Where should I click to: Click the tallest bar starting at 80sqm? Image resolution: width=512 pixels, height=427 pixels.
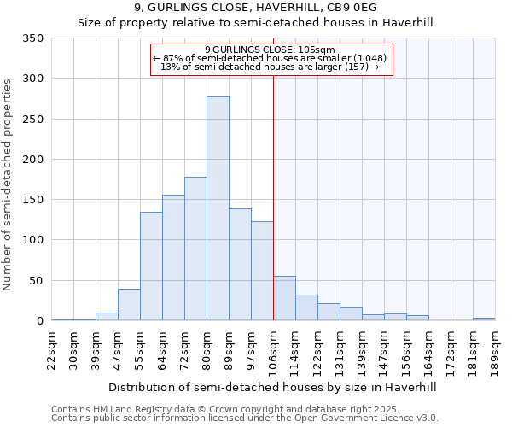tap(218, 208)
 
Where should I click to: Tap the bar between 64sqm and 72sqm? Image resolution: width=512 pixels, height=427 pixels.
tap(173, 258)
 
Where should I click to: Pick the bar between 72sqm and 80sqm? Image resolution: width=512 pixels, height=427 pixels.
tap(195, 249)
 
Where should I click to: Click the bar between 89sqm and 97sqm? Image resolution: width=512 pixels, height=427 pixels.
tap(240, 265)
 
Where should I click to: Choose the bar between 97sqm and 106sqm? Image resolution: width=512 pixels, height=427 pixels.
tap(262, 271)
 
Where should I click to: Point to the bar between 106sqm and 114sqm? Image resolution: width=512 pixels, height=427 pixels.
tap(284, 298)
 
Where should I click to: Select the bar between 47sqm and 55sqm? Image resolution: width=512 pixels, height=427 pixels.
tap(129, 305)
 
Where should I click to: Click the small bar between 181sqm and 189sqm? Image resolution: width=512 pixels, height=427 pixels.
tap(484, 319)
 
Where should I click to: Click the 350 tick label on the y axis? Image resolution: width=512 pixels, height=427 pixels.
tap(33, 38)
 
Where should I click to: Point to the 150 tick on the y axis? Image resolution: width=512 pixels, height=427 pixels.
tap(33, 200)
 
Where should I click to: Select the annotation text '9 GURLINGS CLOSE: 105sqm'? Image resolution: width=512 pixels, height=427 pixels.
tap(270, 50)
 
